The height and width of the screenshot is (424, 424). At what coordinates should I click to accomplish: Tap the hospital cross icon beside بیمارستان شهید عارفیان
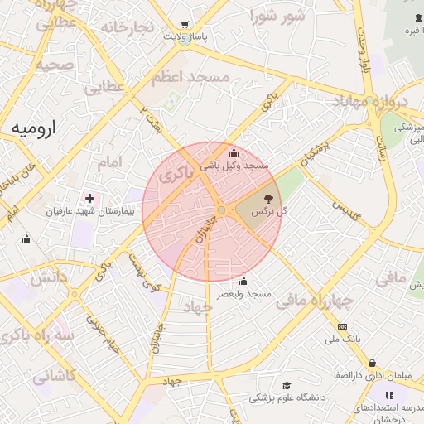[89, 199]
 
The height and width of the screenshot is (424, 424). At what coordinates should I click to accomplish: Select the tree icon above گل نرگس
[267, 198]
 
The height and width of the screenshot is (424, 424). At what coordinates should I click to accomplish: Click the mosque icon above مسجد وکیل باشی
[234, 152]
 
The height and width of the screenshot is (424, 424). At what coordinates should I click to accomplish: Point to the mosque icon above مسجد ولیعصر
[243, 281]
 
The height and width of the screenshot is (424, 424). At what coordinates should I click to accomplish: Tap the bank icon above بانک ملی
[342, 326]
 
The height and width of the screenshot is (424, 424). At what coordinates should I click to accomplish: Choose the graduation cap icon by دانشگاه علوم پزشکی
[287, 385]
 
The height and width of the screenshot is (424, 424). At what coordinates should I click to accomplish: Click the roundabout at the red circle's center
[221, 210]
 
